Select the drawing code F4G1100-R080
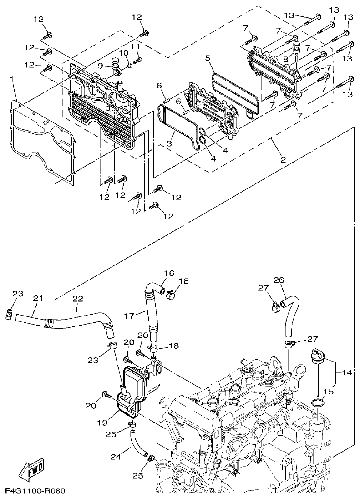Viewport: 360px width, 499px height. [x=35, y=491]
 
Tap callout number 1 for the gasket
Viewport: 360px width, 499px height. [x=12, y=80]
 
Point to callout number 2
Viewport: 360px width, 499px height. [x=283, y=159]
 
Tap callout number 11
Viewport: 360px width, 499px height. [x=135, y=46]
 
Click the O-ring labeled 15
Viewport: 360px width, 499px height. [x=319, y=403]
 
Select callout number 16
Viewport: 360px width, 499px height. [x=169, y=274]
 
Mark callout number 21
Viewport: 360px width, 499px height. [x=37, y=298]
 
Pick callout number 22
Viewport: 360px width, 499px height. [x=78, y=298]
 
